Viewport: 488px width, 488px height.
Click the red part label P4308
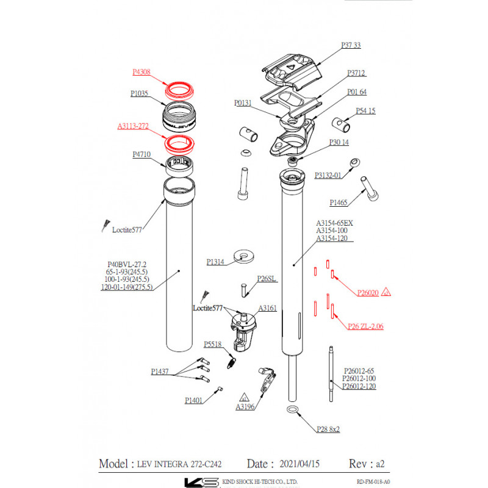[142, 72]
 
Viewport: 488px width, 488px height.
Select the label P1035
[140, 94]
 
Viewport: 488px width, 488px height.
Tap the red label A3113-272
[133, 127]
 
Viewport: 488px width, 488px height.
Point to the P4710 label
[142, 155]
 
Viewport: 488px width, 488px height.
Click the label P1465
[339, 203]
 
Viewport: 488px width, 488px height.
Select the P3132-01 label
[328, 175]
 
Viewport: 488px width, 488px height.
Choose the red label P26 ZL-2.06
[365, 326]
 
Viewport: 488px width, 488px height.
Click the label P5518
[213, 344]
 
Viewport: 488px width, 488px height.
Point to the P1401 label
[195, 400]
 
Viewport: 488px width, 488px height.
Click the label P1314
[215, 261]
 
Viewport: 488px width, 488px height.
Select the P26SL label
[267, 278]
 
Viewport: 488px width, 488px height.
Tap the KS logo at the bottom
[201, 482]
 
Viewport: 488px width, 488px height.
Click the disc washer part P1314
[245, 255]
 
